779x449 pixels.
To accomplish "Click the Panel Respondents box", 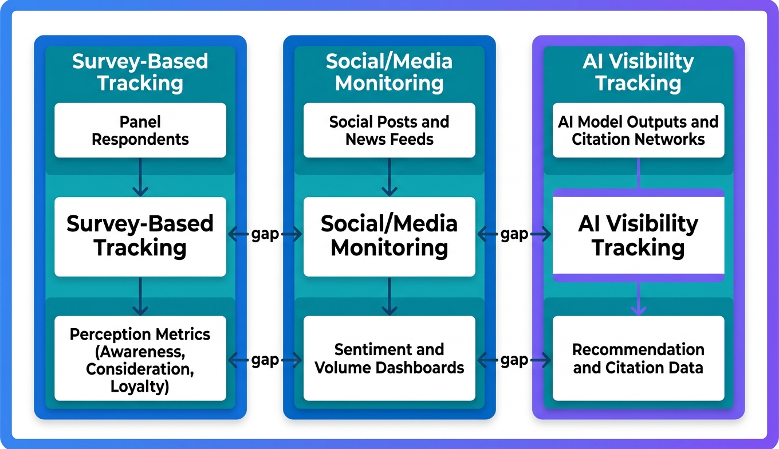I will (x=140, y=130).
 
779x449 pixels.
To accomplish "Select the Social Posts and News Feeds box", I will (x=389, y=130).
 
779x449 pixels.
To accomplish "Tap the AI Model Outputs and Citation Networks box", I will (x=638, y=130).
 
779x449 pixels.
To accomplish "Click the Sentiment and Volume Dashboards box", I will (x=389, y=358).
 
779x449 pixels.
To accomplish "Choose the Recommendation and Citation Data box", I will (x=638, y=358).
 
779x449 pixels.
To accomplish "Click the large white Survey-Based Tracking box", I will (x=140, y=236).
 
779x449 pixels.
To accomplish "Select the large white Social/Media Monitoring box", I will (x=389, y=236).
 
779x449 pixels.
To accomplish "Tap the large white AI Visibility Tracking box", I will (x=638, y=236).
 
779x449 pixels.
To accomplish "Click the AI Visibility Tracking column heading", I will (x=638, y=72).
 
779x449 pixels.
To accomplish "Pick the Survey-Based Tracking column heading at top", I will (x=140, y=72).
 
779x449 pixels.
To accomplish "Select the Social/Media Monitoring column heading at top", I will (x=389, y=72).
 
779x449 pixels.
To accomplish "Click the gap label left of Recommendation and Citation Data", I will (x=514, y=360).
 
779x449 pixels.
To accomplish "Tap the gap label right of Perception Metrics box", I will (x=265, y=360).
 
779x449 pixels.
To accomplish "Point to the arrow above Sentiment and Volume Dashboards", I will (x=389, y=297).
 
